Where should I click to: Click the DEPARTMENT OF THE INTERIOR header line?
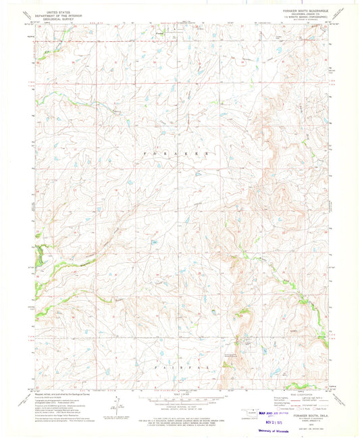click(58, 16)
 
